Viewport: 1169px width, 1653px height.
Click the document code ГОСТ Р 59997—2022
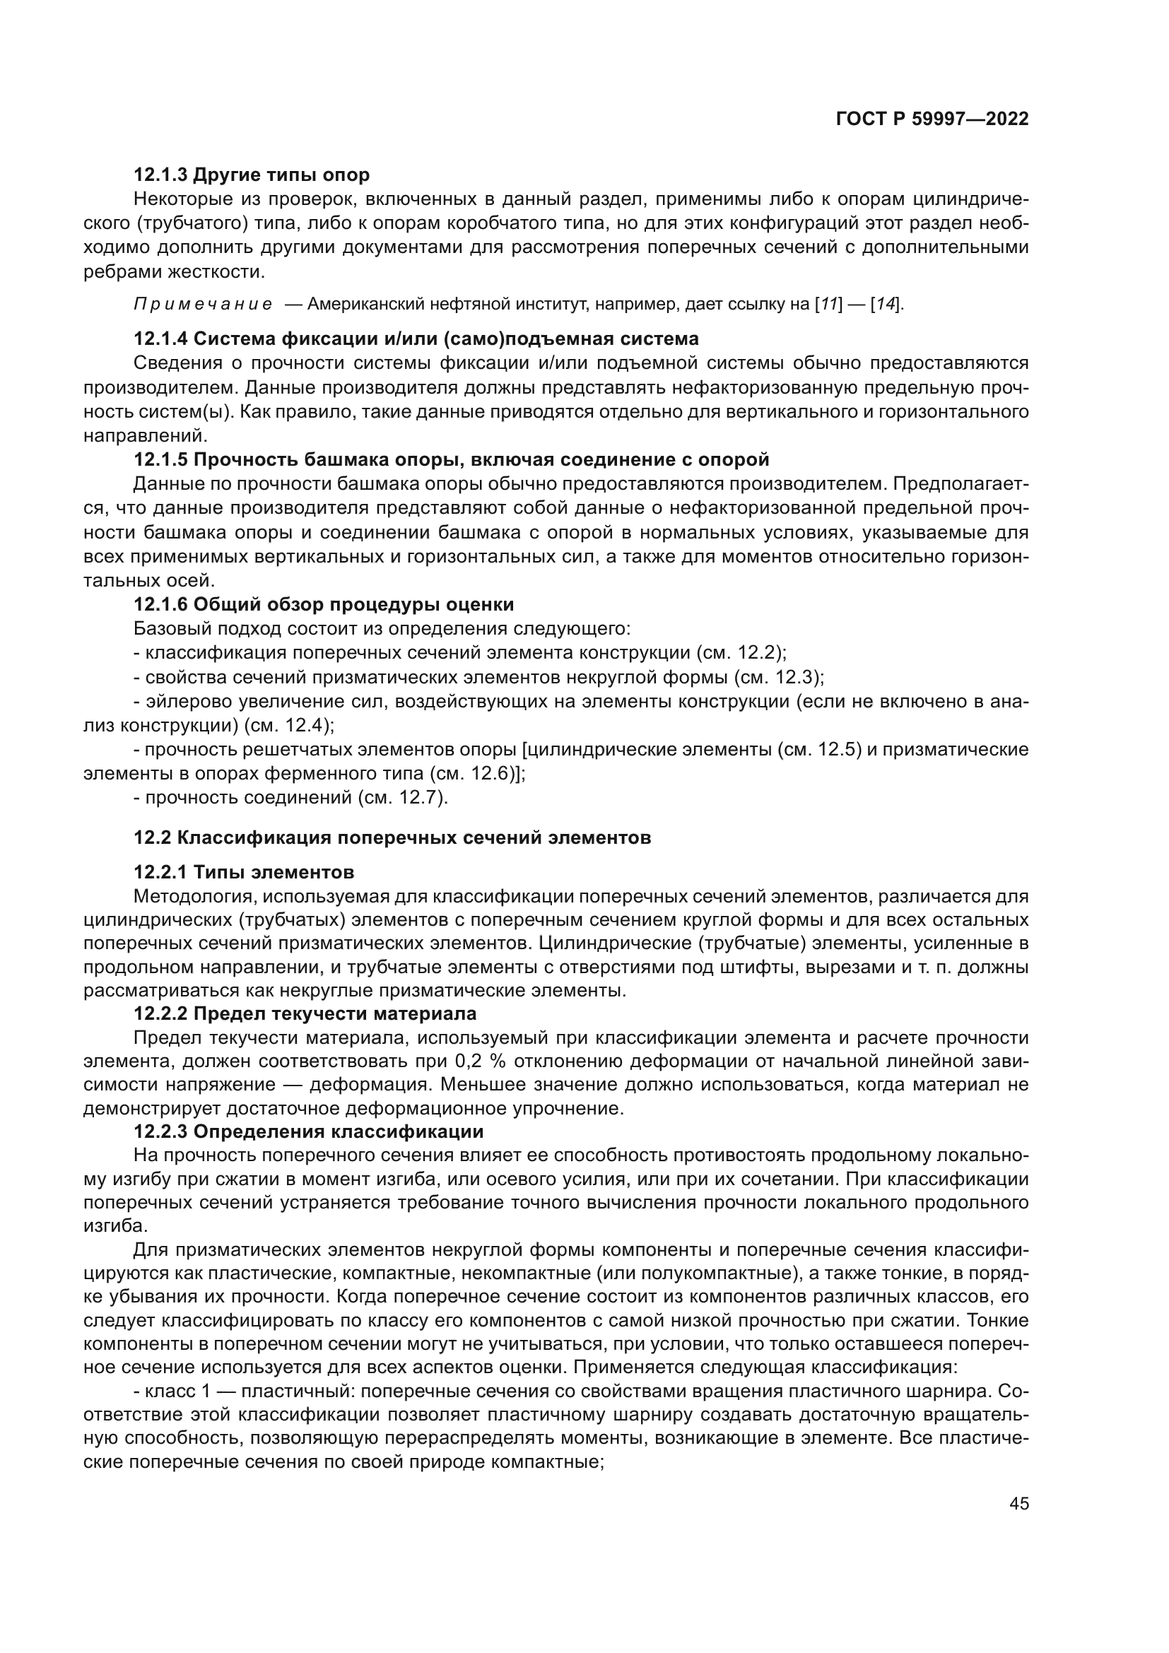coord(932,119)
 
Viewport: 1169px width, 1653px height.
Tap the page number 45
coord(1018,1503)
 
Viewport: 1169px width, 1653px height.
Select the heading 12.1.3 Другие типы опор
coord(251,175)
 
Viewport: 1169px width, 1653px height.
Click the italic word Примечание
coord(203,304)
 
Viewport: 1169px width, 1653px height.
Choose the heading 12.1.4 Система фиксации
coord(416,339)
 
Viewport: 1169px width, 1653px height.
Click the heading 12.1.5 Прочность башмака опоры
coord(452,459)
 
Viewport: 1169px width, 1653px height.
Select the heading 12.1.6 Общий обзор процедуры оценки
coord(323,604)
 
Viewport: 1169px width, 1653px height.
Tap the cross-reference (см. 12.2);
coord(741,652)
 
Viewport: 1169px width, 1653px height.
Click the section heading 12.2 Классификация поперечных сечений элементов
coord(392,838)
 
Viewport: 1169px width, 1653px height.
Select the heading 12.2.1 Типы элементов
coord(244,873)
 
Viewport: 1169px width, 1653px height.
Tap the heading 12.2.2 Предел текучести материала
coord(305,1013)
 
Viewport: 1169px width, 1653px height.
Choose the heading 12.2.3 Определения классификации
coord(309,1131)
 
